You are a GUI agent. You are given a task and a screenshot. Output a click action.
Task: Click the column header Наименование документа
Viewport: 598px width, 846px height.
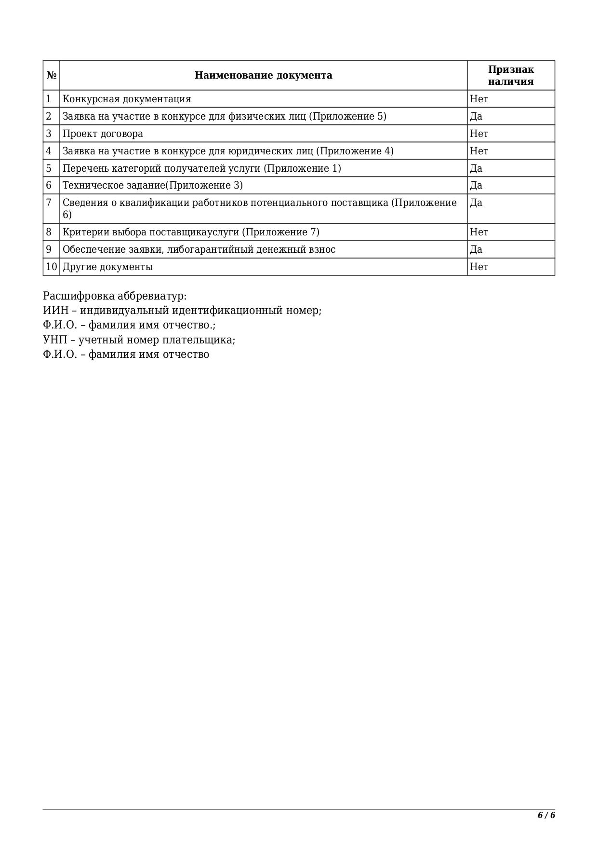click(x=263, y=75)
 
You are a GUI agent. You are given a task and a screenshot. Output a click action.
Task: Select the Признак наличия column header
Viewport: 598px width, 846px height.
click(x=511, y=75)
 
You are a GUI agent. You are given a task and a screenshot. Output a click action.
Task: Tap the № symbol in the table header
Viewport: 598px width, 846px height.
click(x=52, y=75)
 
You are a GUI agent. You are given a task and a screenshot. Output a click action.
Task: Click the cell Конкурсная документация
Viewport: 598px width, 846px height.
click(x=127, y=99)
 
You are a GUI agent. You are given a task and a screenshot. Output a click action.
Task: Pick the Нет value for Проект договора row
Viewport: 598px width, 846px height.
click(x=479, y=134)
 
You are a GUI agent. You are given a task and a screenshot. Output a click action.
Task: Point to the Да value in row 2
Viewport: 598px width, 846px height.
click(x=476, y=116)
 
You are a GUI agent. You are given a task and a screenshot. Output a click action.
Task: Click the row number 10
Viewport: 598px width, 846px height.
click(x=51, y=267)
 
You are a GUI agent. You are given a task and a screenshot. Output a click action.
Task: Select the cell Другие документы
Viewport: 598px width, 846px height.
click(x=107, y=267)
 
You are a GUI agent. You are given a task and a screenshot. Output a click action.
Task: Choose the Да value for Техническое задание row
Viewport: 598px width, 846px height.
click(x=476, y=185)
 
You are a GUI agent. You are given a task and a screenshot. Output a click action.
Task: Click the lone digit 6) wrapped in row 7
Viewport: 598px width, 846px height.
click(x=67, y=215)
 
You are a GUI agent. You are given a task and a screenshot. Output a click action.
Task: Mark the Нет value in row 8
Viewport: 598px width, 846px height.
click(x=479, y=232)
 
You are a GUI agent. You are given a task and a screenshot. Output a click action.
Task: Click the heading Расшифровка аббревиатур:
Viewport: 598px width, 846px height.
click(x=115, y=296)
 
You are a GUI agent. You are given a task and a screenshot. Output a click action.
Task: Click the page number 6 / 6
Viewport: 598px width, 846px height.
click(x=546, y=815)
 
